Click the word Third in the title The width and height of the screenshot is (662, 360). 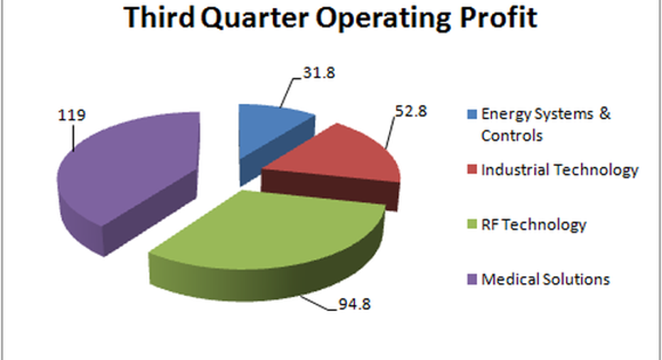coord(159,18)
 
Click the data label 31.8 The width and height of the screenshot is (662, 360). coord(319,73)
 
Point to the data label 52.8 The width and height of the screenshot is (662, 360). coord(411,111)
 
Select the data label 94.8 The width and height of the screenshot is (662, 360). coord(355,305)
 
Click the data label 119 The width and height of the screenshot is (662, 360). coord(72,115)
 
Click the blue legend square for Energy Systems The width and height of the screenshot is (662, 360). coord(472,114)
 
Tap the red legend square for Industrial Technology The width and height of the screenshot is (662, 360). coord(472,169)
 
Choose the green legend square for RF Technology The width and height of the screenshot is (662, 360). coord(472,224)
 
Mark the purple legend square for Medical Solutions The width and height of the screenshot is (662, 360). coord(472,280)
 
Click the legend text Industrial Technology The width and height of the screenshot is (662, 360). coord(560,170)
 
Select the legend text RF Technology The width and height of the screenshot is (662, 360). coord(534,225)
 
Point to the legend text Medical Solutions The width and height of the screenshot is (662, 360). coord(545,280)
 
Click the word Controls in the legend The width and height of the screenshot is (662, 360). coord(512,136)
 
